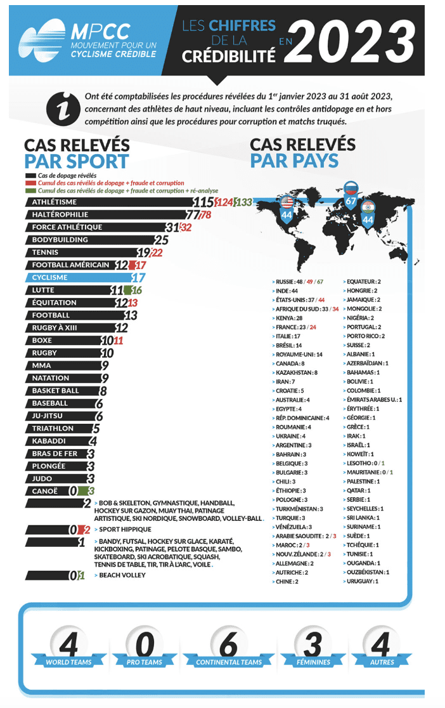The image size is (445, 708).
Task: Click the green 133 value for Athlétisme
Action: (243, 202)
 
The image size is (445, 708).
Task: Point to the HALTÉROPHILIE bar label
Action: (60, 214)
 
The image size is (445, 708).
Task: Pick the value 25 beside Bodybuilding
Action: (162, 240)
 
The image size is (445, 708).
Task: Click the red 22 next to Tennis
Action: (157, 252)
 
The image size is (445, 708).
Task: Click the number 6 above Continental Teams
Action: (228, 644)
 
